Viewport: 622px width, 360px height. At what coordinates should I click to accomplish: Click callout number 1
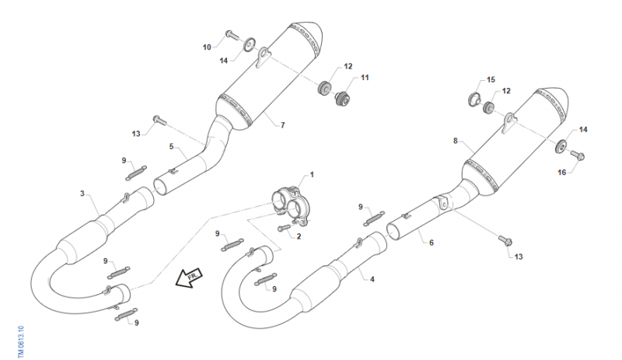click(312, 174)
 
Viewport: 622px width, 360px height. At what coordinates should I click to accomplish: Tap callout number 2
click(299, 236)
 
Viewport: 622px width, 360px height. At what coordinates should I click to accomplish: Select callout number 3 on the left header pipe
click(82, 193)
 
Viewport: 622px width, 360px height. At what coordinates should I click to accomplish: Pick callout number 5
click(171, 146)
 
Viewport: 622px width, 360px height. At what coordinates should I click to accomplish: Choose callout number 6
click(431, 242)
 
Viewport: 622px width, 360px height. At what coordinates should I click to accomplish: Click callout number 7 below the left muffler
click(283, 125)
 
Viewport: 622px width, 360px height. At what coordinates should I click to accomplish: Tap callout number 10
click(207, 47)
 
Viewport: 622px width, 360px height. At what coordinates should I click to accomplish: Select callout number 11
click(365, 79)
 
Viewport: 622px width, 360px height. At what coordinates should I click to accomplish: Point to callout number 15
click(491, 80)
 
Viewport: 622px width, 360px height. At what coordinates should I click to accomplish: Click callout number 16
click(562, 172)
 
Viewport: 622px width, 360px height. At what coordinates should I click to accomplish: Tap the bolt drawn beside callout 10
click(232, 34)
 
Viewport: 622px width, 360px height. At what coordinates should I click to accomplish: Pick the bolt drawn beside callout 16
click(578, 156)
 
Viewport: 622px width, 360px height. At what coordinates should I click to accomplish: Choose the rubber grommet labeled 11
click(340, 98)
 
